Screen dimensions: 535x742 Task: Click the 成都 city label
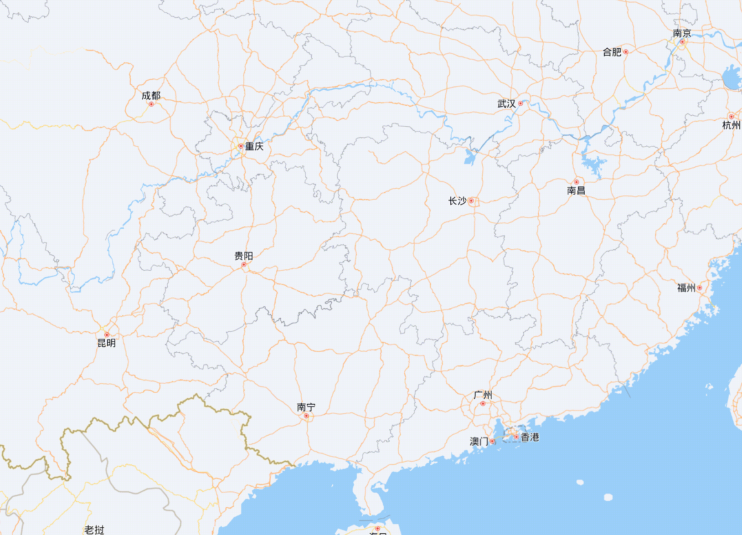[151, 96]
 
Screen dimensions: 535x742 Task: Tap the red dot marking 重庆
[241, 146]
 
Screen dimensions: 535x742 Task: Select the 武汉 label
[506, 104]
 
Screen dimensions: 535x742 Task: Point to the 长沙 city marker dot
[471, 201]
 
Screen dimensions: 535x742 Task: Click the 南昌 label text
[576, 190]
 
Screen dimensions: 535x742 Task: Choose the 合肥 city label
[612, 52]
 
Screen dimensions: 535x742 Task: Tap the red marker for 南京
[682, 42]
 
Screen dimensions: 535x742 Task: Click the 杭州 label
[732, 125]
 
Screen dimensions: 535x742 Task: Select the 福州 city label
[686, 288]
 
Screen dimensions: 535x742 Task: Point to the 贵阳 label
[243, 256]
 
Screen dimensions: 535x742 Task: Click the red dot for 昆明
[107, 335]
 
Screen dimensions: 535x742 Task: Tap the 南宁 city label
[306, 407]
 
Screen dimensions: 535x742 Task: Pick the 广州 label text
[483, 395]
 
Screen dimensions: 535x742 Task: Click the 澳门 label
[479, 442]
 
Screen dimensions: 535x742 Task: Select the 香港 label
[530, 437]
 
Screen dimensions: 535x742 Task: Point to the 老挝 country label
[94, 530]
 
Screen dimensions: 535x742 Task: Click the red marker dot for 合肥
[626, 52]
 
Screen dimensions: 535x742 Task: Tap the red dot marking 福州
[700, 288]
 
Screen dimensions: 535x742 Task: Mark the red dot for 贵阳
[244, 265]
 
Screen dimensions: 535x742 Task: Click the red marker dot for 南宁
[306, 416]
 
